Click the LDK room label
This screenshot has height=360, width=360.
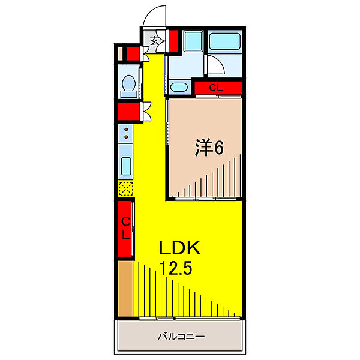pyautogui.click(x=180, y=248)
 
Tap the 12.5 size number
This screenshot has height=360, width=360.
pyautogui.click(x=176, y=268)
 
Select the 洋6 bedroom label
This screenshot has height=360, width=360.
pyautogui.click(x=209, y=148)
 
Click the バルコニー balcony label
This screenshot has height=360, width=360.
pyautogui.click(x=181, y=337)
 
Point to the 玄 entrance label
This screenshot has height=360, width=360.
pyautogui.click(x=154, y=41)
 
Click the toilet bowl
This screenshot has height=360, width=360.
pyautogui.click(x=128, y=86)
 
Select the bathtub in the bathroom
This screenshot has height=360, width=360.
pyautogui.click(x=225, y=41)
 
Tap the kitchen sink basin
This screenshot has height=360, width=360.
pyautogui.click(x=126, y=166)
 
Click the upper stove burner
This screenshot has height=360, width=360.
pyautogui.click(x=126, y=130)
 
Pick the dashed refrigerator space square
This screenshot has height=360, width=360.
pyautogui.click(x=126, y=189)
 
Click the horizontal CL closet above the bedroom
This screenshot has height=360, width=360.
pyautogui.click(x=218, y=88)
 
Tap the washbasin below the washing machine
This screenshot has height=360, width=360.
pyautogui.click(x=179, y=87)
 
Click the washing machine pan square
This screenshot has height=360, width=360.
pyautogui.click(x=193, y=41)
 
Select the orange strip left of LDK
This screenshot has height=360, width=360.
pyautogui.click(x=125, y=289)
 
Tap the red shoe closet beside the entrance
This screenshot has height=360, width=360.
pyautogui.click(x=173, y=41)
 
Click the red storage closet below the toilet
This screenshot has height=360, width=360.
pyautogui.click(x=129, y=112)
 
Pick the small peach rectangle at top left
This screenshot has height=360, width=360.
pyautogui.click(x=120, y=53)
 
